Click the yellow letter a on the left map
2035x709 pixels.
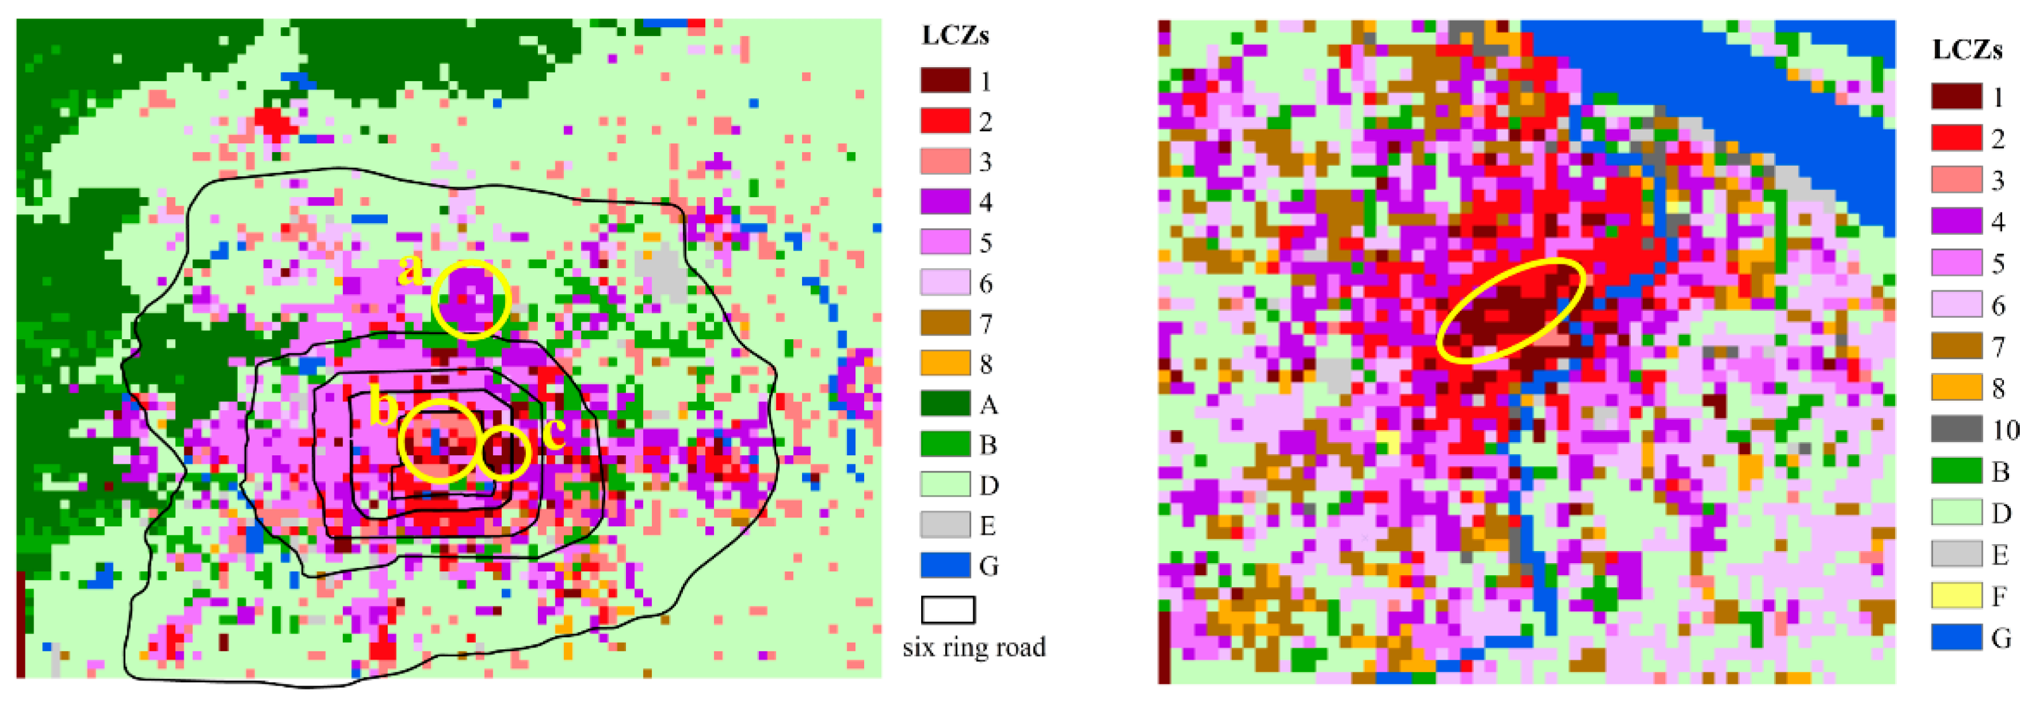coord(410,270)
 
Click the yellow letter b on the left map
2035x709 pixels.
coord(385,408)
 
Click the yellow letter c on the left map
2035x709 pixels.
coord(554,433)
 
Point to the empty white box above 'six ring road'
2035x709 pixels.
coord(947,609)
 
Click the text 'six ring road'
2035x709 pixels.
coord(973,647)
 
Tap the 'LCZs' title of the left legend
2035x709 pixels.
coord(955,36)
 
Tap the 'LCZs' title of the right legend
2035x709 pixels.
coord(1967,51)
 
